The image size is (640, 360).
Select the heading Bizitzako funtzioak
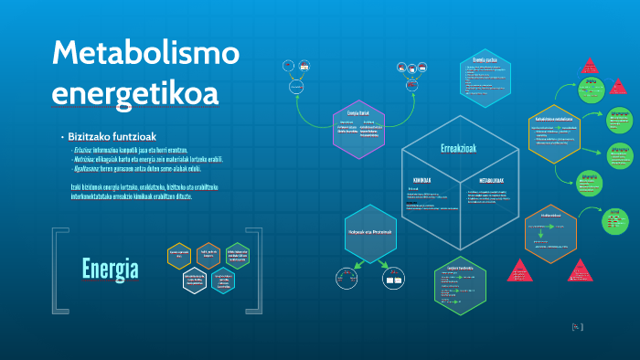110,136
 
